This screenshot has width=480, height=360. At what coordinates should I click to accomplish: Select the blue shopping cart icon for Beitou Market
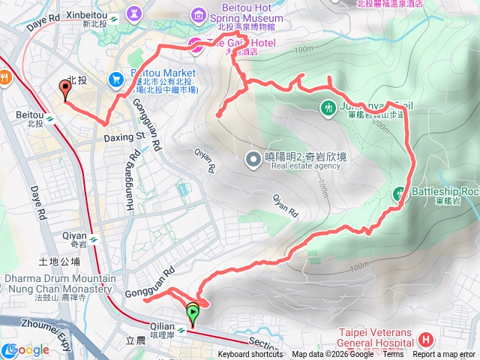coord(116,78)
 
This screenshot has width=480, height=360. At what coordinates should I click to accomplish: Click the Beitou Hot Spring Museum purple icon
coord(199,14)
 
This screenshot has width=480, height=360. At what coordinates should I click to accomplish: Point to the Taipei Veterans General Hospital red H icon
coord(425,339)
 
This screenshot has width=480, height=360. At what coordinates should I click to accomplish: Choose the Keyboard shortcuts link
coord(250,355)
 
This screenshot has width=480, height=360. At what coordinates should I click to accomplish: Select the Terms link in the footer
coord(393,355)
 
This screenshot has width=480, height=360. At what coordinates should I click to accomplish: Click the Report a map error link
coord(445,355)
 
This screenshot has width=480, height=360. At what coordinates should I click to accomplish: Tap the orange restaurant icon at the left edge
coord(4,76)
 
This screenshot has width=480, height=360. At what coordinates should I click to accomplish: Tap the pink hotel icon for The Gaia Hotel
coord(193,43)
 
